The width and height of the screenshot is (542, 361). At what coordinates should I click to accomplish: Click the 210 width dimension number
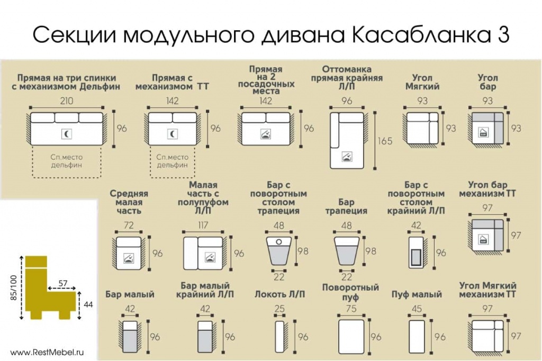[67, 101]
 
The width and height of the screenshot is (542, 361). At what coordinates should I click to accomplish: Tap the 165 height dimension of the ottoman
[385, 141]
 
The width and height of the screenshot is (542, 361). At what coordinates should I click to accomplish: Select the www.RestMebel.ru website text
[47, 353]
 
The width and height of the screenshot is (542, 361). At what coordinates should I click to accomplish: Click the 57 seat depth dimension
[63, 283]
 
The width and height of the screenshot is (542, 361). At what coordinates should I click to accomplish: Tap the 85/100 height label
[13, 288]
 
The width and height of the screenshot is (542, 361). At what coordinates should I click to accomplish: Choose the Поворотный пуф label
[350, 292]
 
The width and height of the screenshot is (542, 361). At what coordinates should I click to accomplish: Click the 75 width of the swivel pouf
[351, 309]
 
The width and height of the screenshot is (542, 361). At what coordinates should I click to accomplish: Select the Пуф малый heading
[417, 294]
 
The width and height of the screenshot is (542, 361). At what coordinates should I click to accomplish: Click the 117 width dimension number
[203, 225]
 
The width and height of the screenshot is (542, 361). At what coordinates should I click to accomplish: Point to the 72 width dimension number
[129, 225]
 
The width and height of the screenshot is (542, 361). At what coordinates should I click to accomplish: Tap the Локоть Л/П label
[279, 294]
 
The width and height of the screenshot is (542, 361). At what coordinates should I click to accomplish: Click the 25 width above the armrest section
[279, 309]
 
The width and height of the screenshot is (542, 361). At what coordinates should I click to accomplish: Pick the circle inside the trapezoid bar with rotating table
[279, 242]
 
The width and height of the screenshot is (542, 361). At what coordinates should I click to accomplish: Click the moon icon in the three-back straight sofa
[66, 134]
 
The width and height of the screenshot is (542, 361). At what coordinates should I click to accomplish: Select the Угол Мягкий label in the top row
[422, 82]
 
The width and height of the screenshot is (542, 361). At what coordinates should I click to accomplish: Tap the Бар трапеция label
[346, 206]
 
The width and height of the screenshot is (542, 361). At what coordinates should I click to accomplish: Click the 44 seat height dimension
[88, 305]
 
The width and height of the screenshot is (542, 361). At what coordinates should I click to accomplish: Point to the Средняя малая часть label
[129, 202]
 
